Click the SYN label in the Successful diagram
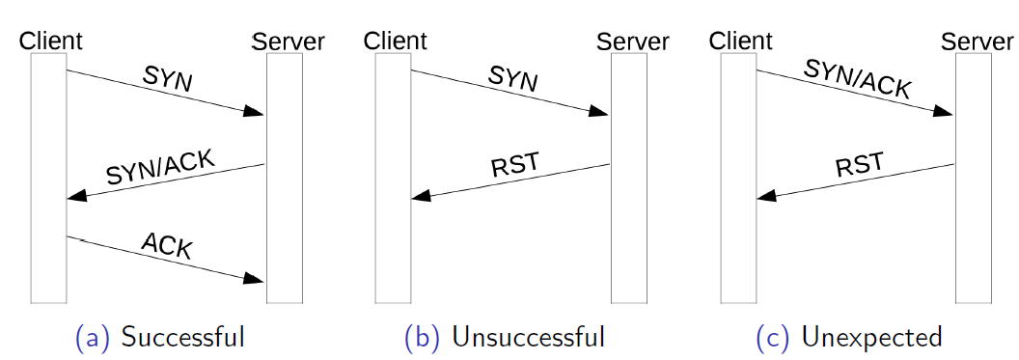[168, 80]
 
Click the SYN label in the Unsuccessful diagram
[512, 80]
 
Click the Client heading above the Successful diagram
[51, 41]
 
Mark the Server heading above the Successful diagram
[288, 42]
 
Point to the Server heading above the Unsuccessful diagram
[632, 42]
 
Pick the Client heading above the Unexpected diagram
[740, 41]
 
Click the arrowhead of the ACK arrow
[254, 279]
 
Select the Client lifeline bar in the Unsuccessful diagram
[393, 179]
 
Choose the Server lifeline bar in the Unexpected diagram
[973, 179]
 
